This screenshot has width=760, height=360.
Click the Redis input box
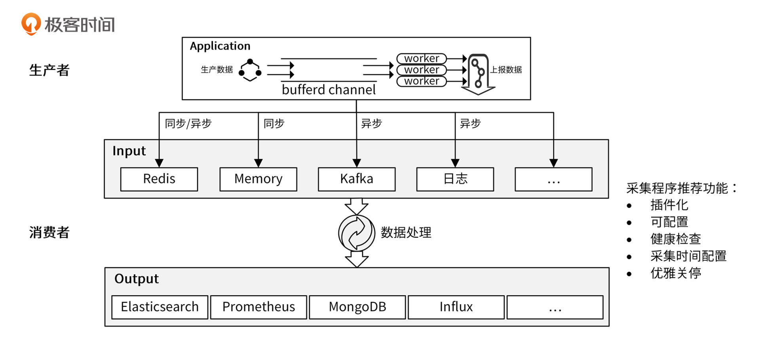pos(159,179)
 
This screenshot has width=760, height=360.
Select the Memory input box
pos(258,179)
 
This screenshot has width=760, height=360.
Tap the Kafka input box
pos(357,179)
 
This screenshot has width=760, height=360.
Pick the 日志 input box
pos(455,179)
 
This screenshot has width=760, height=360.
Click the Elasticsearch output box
pos(160,307)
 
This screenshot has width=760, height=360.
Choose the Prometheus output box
pos(258,307)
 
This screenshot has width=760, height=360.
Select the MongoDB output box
pos(357,307)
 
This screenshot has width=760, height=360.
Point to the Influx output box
pos(456,307)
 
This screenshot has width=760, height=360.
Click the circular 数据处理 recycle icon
pos(356,233)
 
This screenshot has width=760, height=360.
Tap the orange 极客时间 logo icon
pos(31,24)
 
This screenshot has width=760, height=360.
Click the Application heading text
pos(220,46)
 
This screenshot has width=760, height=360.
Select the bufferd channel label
pos(329,90)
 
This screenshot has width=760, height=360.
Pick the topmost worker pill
pos(422,59)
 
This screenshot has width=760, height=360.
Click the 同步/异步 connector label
pos(188,124)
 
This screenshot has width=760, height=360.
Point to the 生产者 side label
pos(49,70)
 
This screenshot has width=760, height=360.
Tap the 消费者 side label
pos(49,233)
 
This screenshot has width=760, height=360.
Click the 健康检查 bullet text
pos(675,239)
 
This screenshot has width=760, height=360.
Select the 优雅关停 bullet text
pos(675,273)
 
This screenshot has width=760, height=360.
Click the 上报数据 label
pos(506,70)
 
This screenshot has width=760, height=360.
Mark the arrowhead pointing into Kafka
pos(357,163)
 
